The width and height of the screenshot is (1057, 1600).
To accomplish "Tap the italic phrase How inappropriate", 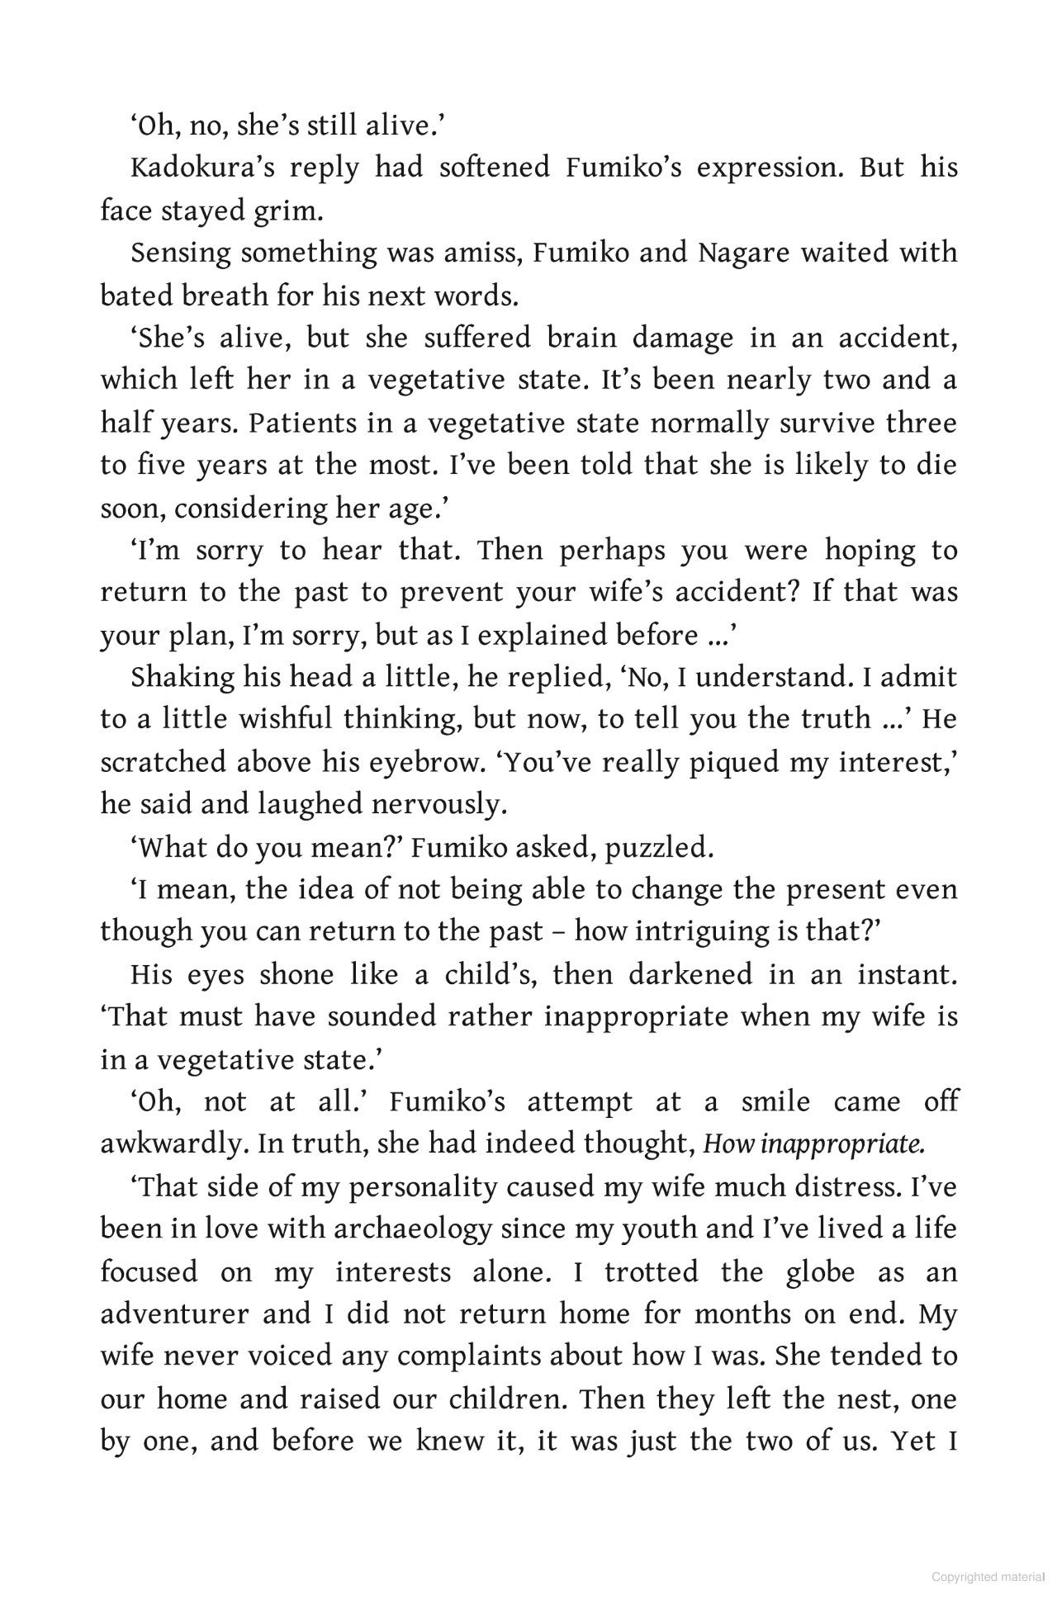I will (813, 1144).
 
